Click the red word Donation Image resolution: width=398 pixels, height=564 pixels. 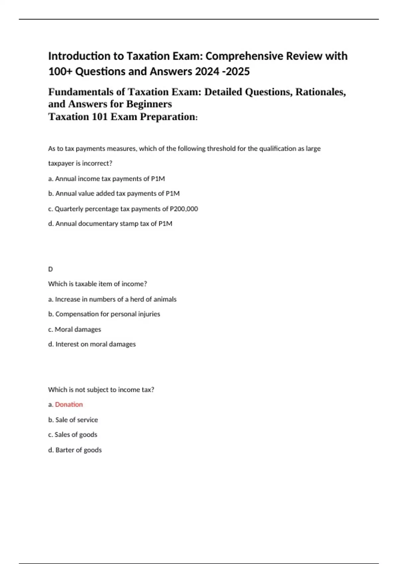(x=69, y=404)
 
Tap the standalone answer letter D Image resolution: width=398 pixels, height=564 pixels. (x=50, y=269)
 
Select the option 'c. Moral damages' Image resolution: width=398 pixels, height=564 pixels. (x=75, y=329)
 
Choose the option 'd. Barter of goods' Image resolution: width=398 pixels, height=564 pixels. (x=75, y=450)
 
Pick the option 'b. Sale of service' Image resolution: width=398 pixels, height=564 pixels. (x=73, y=420)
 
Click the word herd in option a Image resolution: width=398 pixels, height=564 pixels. (x=137, y=299)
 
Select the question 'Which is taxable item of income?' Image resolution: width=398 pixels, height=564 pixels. (x=98, y=284)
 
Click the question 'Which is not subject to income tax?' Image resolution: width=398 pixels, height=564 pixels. (x=101, y=389)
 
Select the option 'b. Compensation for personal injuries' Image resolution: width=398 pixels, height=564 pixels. (x=104, y=314)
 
